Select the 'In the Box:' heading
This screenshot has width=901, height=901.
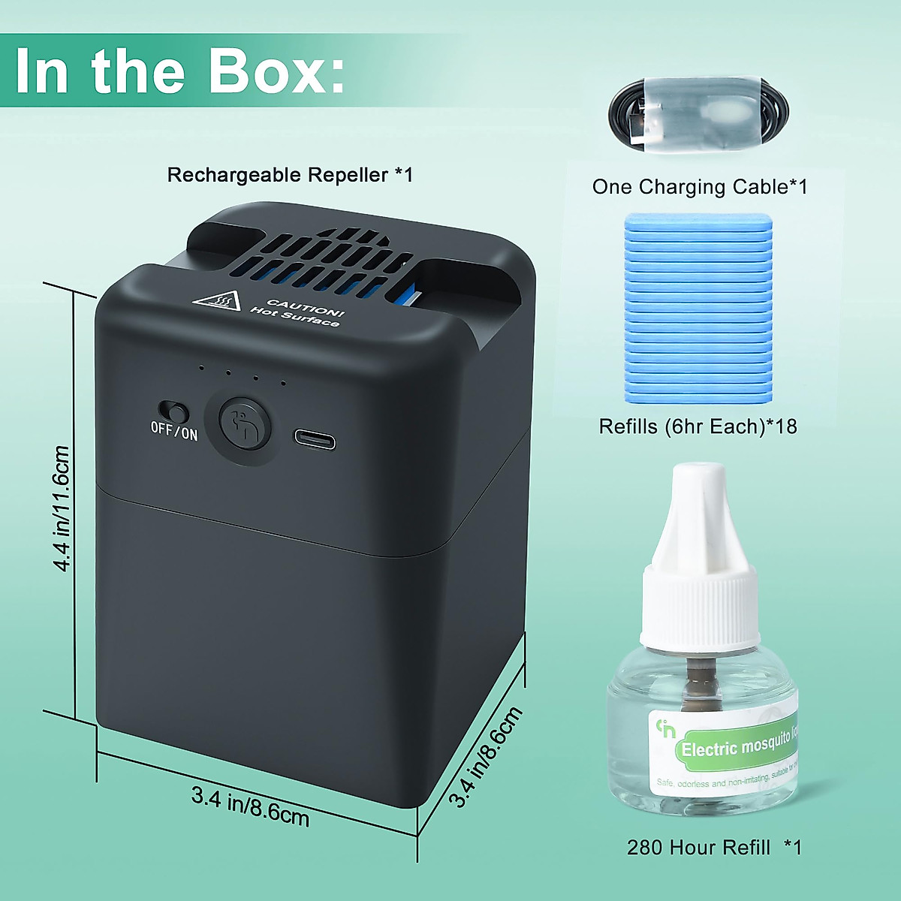tap(180, 71)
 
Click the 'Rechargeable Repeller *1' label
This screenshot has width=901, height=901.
tap(290, 175)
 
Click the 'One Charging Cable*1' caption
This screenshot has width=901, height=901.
tap(699, 186)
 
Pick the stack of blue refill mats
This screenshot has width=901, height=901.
tap(698, 308)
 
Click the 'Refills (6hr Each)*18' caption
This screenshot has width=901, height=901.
tap(698, 426)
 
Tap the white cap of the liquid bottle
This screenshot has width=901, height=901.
tap(700, 556)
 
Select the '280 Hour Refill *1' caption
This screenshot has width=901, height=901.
tap(714, 848)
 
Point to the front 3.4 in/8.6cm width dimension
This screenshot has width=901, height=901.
tap(250, 806)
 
